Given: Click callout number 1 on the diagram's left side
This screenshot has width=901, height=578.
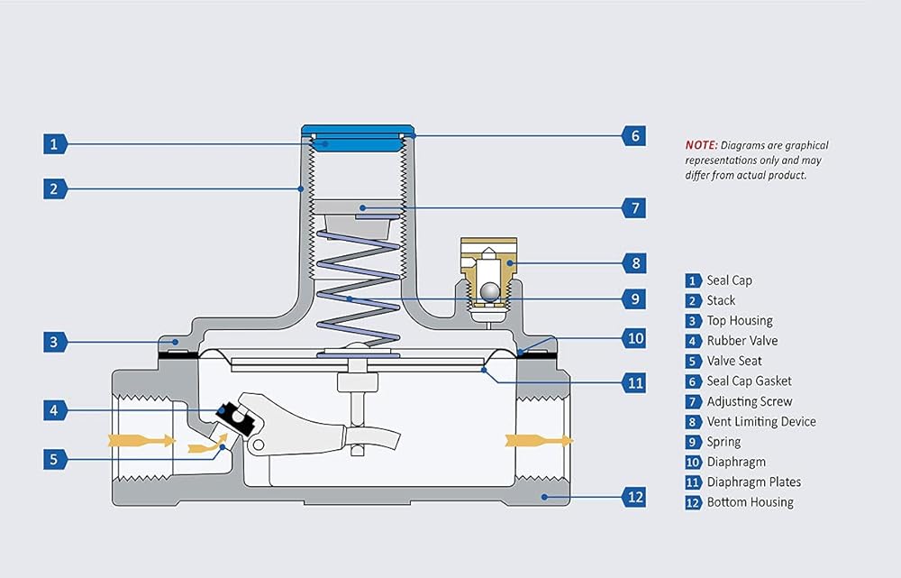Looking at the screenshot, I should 54,143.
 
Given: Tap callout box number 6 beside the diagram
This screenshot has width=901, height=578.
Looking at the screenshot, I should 634,136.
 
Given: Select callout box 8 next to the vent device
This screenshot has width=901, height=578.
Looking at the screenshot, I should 634,264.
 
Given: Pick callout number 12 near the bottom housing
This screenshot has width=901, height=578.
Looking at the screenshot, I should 634,496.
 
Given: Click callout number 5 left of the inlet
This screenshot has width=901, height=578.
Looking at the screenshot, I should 54,459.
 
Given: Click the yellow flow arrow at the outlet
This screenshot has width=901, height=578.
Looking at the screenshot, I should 537,440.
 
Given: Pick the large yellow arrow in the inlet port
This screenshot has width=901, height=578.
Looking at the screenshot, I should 140,440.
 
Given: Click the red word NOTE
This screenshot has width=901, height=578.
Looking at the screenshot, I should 701,145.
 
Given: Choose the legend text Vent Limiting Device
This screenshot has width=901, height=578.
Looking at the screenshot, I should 761,421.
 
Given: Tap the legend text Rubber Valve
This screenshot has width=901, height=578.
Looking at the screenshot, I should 742,341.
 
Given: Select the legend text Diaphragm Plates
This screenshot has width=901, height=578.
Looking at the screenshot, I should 754,482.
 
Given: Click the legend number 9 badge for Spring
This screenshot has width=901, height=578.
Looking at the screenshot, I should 693,442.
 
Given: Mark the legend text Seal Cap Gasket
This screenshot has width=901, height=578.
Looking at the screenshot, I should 749,381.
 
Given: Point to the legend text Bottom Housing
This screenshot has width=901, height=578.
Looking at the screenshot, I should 751,502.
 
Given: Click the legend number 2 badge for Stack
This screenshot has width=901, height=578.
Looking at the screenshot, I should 693,300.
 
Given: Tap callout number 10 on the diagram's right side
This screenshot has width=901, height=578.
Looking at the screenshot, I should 634,339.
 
